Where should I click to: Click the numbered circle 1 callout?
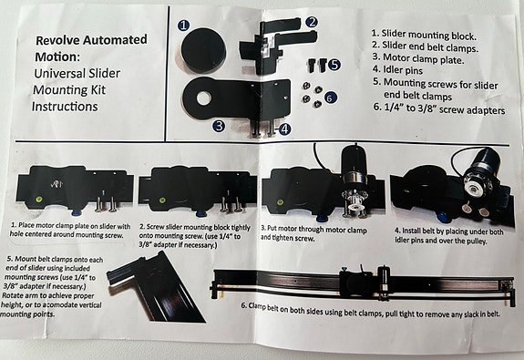click(x=183, y=26)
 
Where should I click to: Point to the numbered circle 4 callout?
click(x=284, y=129)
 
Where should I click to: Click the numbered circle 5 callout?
click(x=334, y=65)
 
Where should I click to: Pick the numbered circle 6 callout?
click(x=330, y=96)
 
